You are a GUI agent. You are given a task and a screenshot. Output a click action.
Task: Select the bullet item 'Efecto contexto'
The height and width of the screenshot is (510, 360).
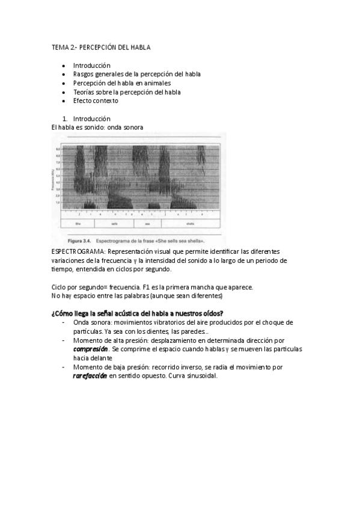[96, 100]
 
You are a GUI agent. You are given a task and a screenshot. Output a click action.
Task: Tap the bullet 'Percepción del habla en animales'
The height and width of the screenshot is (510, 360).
[122, 83]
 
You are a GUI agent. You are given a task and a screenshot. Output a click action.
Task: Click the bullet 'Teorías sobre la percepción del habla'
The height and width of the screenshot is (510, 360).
[127, 92]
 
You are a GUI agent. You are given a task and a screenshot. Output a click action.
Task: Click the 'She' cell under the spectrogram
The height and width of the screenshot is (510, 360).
[78, 223]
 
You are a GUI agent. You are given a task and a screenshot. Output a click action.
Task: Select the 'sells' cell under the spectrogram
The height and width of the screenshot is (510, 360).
[114, 223]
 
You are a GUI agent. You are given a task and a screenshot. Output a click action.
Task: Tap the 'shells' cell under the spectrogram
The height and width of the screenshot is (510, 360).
[190, 223]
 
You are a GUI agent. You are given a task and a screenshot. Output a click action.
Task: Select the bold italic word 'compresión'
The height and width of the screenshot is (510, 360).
[91, 349]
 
